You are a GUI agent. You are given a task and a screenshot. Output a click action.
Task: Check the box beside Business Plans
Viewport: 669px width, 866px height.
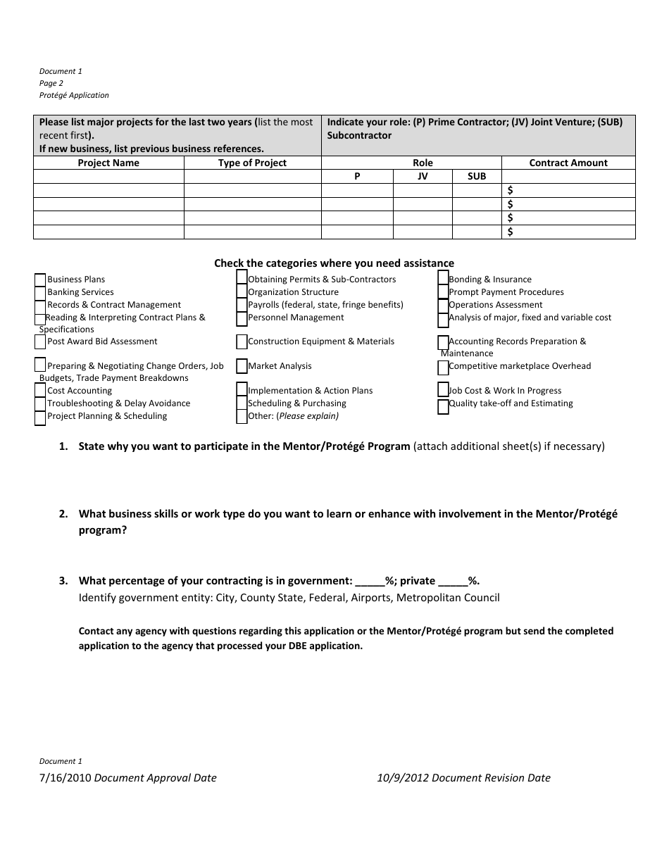coord(40,280)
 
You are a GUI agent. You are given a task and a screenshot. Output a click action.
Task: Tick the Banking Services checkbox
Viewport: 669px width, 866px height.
coord(40,292)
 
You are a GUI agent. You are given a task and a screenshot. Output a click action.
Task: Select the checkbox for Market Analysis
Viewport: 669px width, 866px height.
coord(242,366)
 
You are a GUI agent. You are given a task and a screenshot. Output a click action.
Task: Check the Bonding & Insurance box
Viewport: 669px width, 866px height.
coord(443,278)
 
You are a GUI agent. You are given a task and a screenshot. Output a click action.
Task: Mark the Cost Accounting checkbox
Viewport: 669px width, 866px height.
coord(40,391)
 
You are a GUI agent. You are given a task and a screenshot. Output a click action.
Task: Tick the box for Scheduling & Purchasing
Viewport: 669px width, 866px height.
coord(242,403)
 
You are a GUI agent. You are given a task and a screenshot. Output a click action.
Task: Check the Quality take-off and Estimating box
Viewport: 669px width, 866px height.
coord(443,406)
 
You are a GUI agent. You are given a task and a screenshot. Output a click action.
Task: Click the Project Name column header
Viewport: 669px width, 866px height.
coord(108,163)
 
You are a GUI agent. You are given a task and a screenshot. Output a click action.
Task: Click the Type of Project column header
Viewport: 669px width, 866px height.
coord(252,163)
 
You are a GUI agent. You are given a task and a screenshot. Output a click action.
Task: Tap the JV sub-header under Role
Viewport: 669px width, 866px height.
coord(423,177)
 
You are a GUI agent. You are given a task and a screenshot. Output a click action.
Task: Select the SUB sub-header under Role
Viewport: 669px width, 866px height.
coord(477,177)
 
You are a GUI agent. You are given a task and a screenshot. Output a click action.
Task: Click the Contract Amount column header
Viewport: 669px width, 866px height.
coord(568,163)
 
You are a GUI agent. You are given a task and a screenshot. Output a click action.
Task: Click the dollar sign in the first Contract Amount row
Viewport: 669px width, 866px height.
coord(511,191)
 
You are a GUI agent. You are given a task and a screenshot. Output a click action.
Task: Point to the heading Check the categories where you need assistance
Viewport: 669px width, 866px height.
coord(334,263)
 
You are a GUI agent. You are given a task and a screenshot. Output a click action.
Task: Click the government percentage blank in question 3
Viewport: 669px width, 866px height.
coord(370,582)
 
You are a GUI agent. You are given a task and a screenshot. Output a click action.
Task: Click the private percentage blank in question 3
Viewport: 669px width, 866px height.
coord(453,582)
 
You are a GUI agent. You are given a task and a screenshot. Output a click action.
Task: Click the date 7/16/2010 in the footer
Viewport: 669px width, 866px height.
coord(65,778)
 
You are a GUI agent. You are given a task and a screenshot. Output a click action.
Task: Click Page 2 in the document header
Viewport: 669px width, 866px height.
coord(51,83)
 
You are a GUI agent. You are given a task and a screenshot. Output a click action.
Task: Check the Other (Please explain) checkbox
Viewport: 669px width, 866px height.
coord(242,416)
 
